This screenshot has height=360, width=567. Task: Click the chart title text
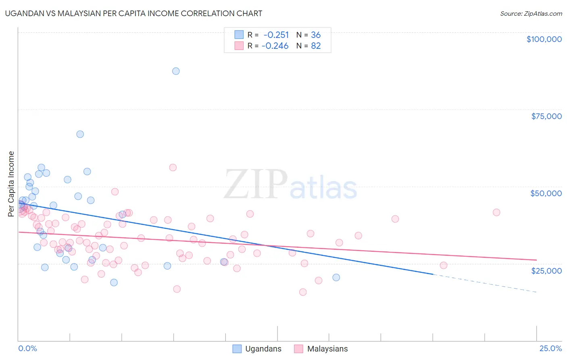133,13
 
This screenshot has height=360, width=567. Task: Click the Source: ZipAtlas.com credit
531,14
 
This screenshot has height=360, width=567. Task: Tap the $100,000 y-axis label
544,39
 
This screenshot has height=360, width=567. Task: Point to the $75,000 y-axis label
546,116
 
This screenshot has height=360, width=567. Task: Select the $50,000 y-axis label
546,193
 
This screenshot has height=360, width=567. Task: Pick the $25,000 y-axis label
546,271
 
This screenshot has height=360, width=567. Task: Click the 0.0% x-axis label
27,348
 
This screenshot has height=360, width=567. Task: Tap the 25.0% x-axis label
550,348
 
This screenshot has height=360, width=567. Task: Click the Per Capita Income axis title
11,184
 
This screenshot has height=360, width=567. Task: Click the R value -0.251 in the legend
276,35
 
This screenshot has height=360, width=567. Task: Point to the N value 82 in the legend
316,46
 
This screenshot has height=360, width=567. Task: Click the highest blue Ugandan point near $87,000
176,71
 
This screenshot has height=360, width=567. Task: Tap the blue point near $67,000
80,134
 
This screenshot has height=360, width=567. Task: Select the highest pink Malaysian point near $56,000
173,167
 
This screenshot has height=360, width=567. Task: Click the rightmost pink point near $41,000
496,212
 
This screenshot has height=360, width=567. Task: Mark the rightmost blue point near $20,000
336,277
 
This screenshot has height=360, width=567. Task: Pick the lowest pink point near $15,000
303,292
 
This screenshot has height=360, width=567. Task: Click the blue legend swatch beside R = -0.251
239,35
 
